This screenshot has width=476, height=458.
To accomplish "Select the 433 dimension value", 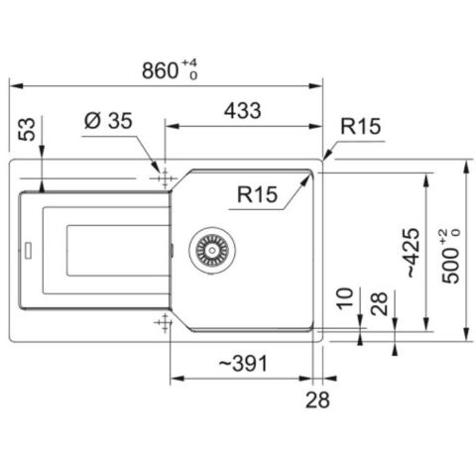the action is click(x=243, y=110).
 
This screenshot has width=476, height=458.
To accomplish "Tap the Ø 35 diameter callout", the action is click(x=108, y=120).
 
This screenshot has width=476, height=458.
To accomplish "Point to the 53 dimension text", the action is click(x=27, y=129).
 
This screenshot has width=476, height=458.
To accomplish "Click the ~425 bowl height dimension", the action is click(x=413, y=253).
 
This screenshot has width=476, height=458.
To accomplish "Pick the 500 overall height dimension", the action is click(x=451, y=256).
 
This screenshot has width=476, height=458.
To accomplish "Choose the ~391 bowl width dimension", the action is click(x=243, y=363).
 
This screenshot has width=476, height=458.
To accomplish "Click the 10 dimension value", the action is click(x=345, y=298).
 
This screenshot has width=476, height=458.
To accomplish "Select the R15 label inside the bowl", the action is click(x=257, y=194).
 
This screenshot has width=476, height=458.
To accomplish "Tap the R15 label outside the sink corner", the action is click(x=361, y=126).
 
